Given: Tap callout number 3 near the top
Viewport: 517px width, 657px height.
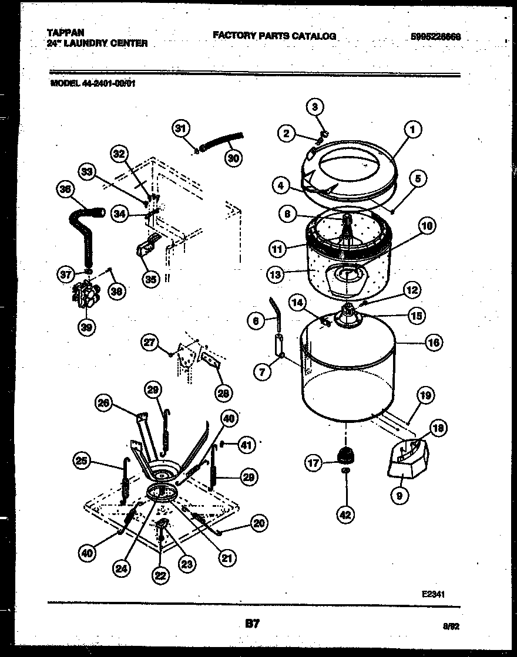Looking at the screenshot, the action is (315, 107).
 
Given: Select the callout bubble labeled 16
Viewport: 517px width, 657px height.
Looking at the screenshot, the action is (433, 343).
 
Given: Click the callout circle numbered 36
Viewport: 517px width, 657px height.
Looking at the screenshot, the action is (66, 189).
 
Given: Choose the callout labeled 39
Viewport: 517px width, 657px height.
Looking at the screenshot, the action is (86, 327).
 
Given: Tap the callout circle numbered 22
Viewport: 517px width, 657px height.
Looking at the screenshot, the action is (160, 576).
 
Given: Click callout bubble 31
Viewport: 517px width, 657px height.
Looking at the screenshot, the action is (182, 128).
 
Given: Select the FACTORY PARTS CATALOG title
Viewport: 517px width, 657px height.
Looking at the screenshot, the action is (274, 36).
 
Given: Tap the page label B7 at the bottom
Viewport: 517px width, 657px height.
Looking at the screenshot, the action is (251, 625).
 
